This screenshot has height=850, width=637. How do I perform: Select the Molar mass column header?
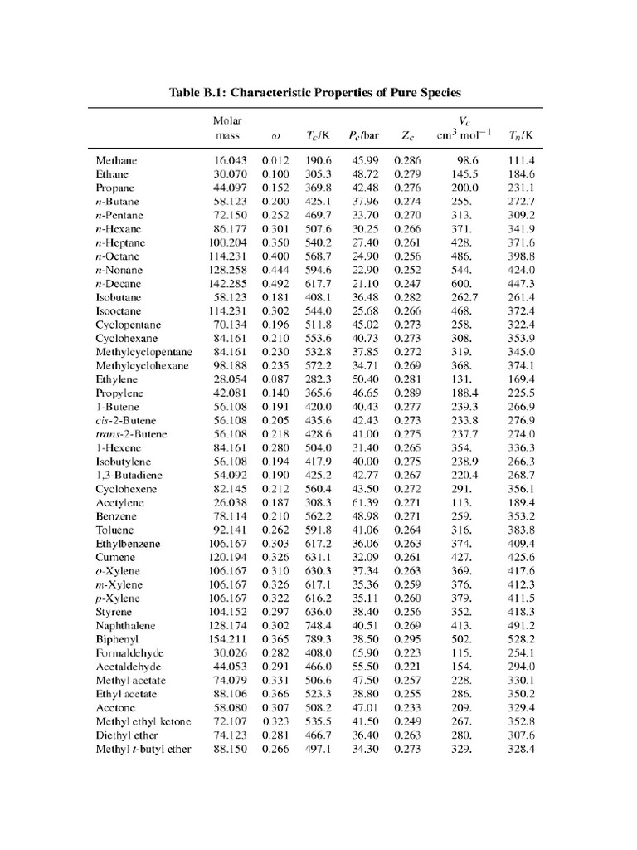(227, 127)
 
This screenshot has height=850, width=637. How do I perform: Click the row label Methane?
(116, 160)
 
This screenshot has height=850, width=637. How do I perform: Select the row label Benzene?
(116, 516)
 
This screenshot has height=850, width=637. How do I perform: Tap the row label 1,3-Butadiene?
(129, 475)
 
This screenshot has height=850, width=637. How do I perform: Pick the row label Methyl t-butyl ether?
(143, 750)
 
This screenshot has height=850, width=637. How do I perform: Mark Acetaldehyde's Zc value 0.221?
(407, 667)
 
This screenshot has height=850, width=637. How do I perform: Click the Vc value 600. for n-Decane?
(460, 283)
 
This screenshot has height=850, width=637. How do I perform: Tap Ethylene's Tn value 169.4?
(521, 379)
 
